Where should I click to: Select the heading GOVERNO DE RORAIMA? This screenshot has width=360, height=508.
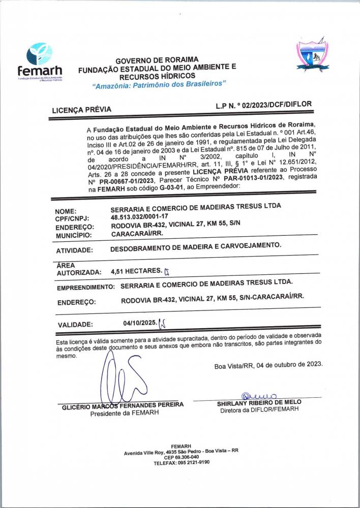(x=157, y=60)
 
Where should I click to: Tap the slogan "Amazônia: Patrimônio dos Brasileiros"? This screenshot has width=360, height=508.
(x=159, y=85)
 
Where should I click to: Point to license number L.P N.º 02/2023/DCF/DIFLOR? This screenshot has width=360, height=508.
(x=263, y=104)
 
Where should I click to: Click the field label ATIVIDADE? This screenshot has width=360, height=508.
(x=74, y=250)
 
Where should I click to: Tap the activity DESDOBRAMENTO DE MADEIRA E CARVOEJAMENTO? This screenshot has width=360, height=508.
(x=196, y=246)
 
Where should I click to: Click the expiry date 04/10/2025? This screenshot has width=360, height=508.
(x=139, y=322)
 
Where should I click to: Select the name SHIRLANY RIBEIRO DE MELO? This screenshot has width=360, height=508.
(x=259, y=402)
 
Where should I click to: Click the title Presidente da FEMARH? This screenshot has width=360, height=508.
(x=124, y=413)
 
